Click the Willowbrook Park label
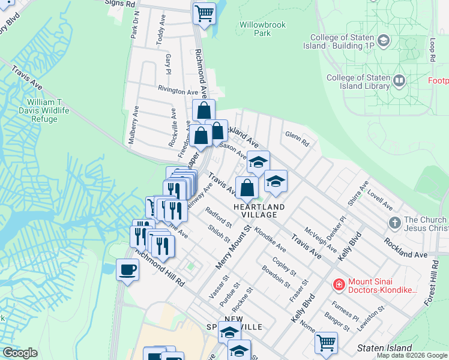tap(262, 29)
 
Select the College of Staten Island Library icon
tap(399, 80)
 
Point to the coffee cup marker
tap(127, 269)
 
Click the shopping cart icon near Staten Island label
tap(326, 342)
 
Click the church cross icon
tap(394, 223)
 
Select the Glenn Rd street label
tap(297, 139)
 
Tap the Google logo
tap(20, 352)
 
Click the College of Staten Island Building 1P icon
tap(384, 41)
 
